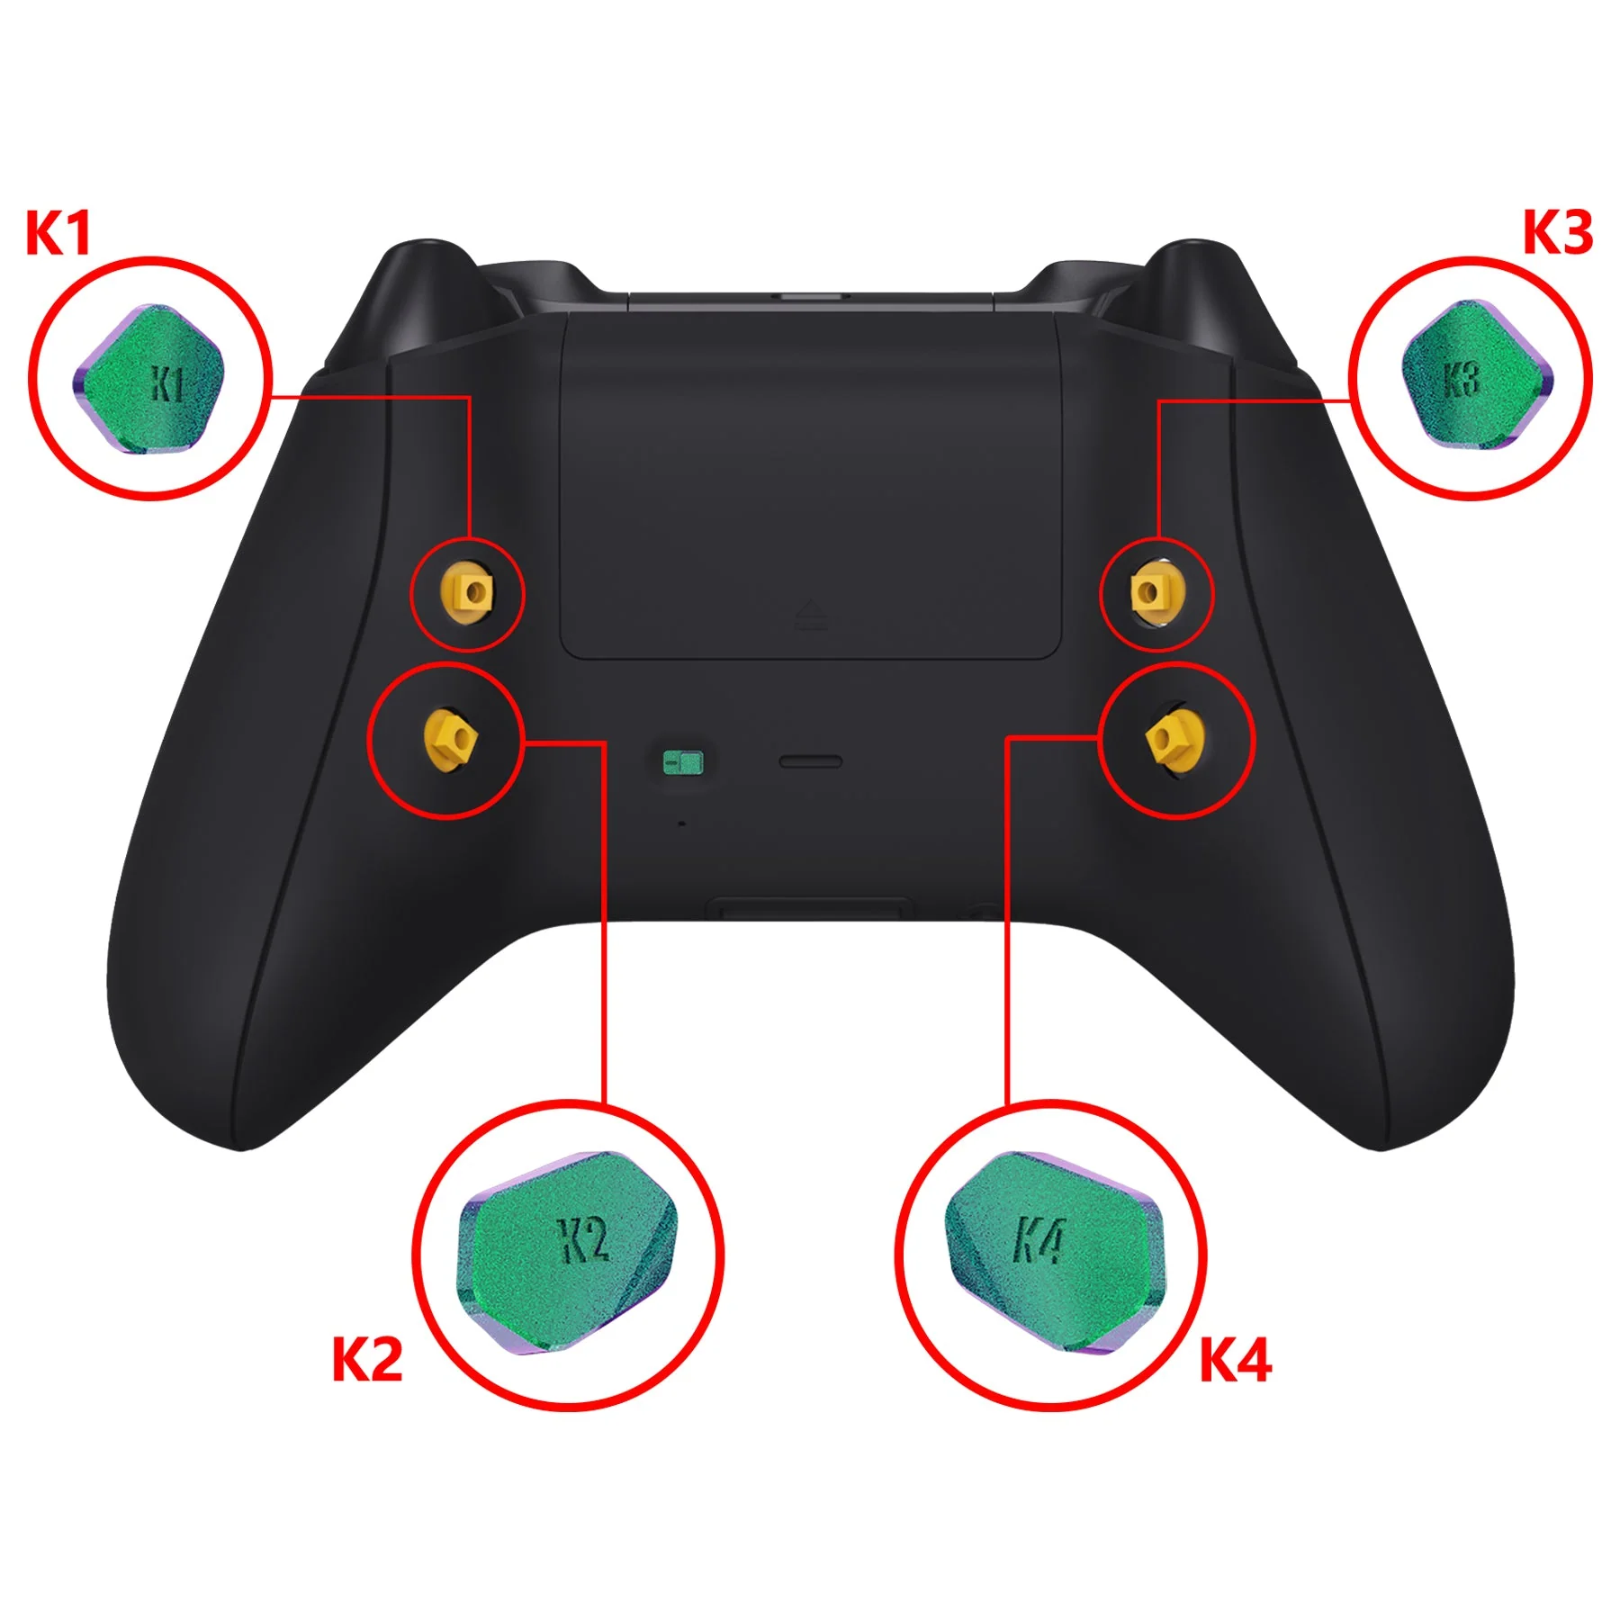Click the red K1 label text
click(x=58, y=234)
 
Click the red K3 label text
click(x=1557, y=233)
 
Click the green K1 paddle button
click(x=148, y=379)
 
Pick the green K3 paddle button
click(x=1477, y=374)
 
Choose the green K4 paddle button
click(x=1054, y=1252)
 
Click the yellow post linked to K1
click(x=467, y=592)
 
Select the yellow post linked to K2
click(x=449, y=738)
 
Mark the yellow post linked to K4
click(x=1174, y=738)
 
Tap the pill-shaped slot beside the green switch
click(x=810, y=762)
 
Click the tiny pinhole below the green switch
click(x=681, y=823)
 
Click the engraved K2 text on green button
click(x=585, y=1240)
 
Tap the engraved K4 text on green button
click(x=1039, y=1240)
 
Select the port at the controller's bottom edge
click(x=809, y=909)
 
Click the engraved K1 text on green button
click(x=167, y=384)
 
